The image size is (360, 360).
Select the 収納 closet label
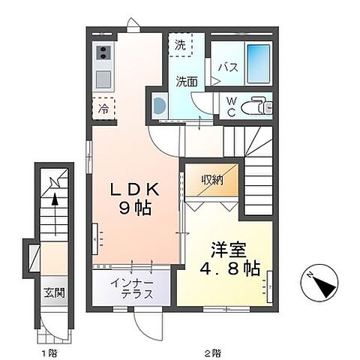pos(211,180)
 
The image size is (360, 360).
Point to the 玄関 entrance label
pos(53,292)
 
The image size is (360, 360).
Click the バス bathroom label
pos(228,67)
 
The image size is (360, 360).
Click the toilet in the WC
pos(258,106)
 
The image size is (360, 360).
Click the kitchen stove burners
pos(103,53)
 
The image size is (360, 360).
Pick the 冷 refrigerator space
pos(103,108)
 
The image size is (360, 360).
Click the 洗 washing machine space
pos(180,46)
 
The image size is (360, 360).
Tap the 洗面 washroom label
pos(187,81)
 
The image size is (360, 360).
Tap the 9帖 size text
pos(136,209)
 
